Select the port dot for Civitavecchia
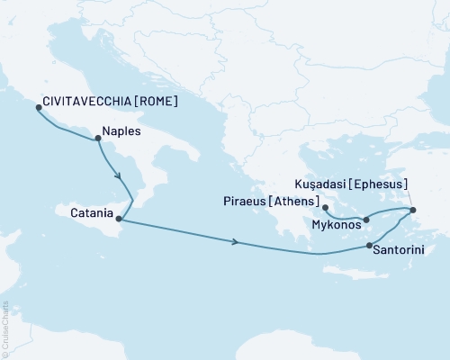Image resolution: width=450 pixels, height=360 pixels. tap(38, 107)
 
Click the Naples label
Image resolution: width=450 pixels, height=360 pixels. tap(123, 130)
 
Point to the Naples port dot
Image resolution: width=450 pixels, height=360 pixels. tap(98, 138)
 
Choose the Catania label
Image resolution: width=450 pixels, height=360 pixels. tap(91, 214)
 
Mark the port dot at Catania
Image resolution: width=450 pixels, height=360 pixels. tap(119, 218)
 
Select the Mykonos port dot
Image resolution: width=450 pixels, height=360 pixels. tap(366, 219)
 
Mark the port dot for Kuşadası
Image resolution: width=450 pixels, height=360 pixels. tap(413, 211)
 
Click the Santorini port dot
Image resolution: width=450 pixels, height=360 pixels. tap(370, 246)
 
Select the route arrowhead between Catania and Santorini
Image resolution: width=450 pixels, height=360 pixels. tap(236, 241)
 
